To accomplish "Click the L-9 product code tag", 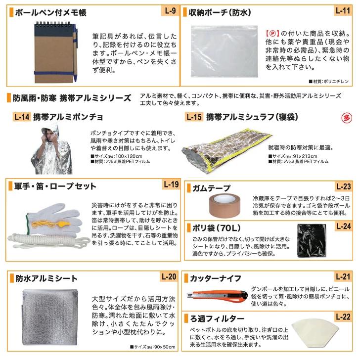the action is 170,11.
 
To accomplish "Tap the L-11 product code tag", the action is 343,10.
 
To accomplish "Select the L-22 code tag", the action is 343,317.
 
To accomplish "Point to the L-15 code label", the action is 194,117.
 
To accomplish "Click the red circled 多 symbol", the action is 347,118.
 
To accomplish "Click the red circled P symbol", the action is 272,34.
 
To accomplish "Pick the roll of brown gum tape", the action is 225,205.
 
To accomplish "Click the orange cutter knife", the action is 217,296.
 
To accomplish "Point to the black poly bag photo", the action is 312,241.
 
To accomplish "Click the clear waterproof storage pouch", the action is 224,51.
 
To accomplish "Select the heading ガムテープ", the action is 211,188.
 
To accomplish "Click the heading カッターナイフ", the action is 216,278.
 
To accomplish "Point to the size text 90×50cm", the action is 165,347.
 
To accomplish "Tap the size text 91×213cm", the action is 305,156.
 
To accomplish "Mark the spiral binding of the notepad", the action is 53,23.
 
